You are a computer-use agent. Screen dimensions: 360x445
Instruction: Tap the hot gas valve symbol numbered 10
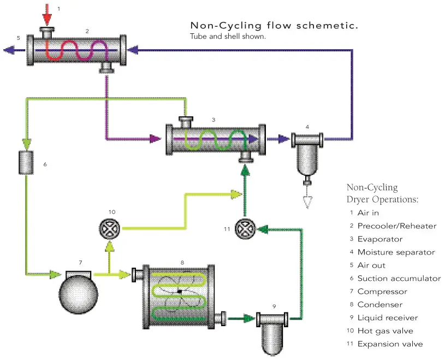tap(111, 229)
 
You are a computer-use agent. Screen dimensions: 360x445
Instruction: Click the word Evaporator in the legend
tap(380, 239)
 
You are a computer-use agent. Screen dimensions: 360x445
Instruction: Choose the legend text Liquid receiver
tap(387, 318)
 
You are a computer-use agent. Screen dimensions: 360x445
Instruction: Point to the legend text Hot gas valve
tap(385, 331)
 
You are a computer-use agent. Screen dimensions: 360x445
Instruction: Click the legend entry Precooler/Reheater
tap(396, 226)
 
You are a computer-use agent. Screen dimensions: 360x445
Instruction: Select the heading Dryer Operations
tap(382, 199)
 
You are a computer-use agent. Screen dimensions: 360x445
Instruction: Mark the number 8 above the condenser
tap(182, 262)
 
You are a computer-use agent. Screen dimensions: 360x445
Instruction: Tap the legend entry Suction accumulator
tap(399, 279)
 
